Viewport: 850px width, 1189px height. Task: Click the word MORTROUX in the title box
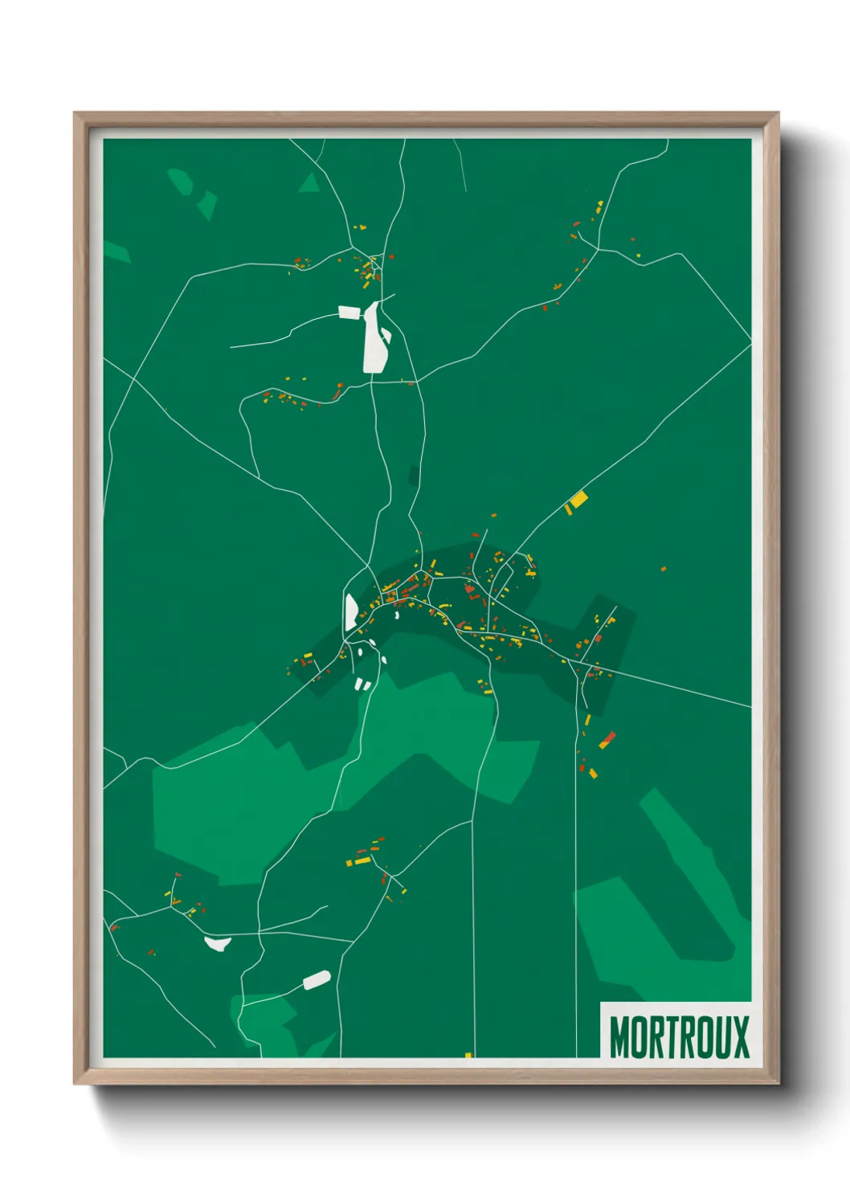click(679, 1037)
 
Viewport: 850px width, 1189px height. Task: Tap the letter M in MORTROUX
click(619, 1037)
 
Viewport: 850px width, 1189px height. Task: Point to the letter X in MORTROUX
click(740, 1037)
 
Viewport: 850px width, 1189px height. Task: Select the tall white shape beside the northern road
click(374, 337)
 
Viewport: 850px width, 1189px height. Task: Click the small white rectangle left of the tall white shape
click(350, 312)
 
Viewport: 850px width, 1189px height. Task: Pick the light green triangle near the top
click(310, 183)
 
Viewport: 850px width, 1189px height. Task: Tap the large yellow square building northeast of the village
click(578, 500)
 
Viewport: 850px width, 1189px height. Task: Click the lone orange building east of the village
click(664, 569)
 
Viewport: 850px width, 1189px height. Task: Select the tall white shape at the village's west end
click(351, 612)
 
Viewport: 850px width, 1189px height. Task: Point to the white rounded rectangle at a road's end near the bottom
click(317, 980)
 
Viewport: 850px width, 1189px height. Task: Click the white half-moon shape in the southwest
click(218, 942)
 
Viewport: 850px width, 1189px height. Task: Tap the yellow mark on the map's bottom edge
click(468, 1055)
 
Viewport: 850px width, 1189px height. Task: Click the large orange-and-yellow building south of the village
click(607, 740)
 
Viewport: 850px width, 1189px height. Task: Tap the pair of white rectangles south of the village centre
click(362, 684)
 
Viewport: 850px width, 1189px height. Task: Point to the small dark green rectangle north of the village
click(414, 475)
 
